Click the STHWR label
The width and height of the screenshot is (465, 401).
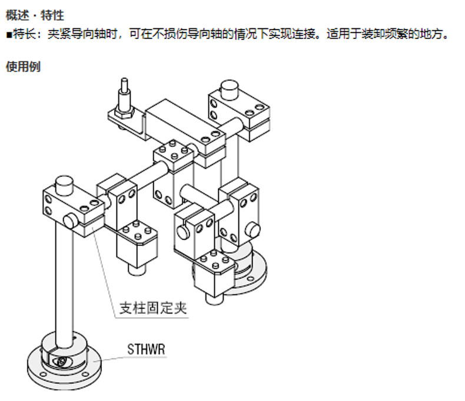(146, 349)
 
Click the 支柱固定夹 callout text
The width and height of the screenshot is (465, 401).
(153, 308)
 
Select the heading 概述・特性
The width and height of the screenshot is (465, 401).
(35, 15)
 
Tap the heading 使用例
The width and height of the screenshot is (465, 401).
(23, 66)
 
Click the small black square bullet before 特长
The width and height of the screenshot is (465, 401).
(9, 35)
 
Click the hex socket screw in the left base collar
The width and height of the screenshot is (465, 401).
(62, 361)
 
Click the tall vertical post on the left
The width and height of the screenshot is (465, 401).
(64, 285)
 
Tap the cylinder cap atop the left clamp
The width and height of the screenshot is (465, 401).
(64, 185)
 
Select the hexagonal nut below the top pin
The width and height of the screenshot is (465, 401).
(124, 114)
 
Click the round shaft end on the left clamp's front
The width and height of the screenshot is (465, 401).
(71, 222)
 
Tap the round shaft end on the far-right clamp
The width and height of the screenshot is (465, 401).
(253, 229)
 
